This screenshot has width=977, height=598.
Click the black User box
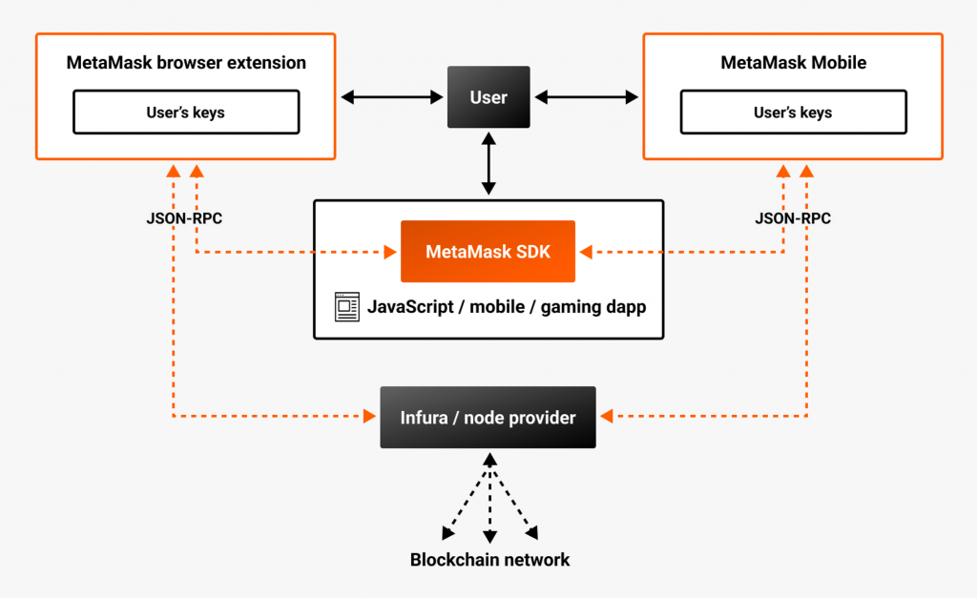click(x=488, y=97)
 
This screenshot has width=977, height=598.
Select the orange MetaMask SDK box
click(x=488, y=252)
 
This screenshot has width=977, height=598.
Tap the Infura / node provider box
click(x=488, y=417)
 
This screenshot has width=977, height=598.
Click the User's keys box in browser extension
click(x=186, y=113)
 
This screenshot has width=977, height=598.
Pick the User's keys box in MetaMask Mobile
click(x=793, y=113)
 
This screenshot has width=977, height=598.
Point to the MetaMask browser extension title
click(x=186, y=63)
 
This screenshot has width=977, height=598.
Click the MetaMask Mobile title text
click(x=793, y=63)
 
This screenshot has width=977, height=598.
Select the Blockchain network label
click(x=489, y=560)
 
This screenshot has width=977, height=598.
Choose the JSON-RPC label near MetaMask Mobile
click(x=793, y=218)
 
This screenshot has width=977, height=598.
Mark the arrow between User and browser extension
click(x=392, y=97)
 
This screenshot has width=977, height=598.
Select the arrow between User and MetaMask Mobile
click(x=587, y=97)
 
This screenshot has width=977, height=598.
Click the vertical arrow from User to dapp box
click(x=488, y=164)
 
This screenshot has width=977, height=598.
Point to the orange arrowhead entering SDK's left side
click(x=391, y=252)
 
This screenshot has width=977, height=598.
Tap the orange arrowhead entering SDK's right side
click(x=585, y=252)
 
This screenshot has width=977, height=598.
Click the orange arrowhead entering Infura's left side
click(x=371, y=417)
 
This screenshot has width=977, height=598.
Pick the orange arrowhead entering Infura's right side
click(x=605, y=417)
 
